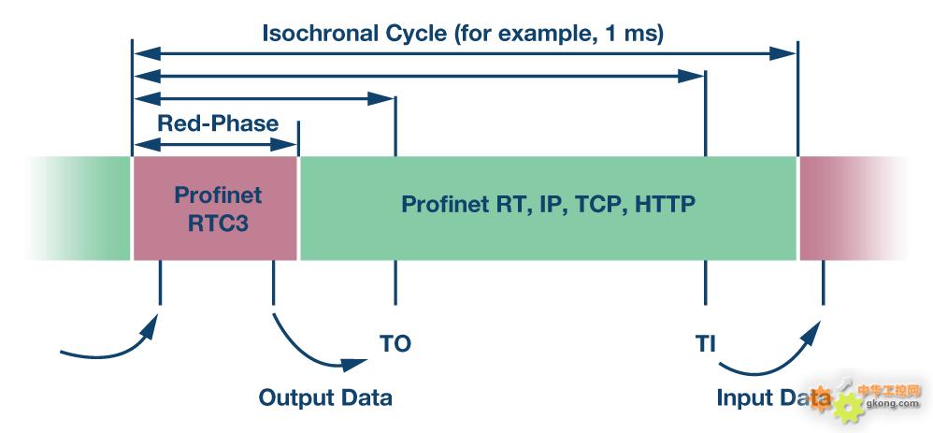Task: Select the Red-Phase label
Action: click(218, 123)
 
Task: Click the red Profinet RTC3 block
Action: click(215, 209)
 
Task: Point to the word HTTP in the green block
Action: click(664, 204)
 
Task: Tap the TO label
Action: click(395, 343)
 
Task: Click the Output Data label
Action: click(325, 397)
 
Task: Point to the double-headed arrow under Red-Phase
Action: click(215, 145)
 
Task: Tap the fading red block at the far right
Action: click(851, 209)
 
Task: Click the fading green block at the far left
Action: click(80, 209)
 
